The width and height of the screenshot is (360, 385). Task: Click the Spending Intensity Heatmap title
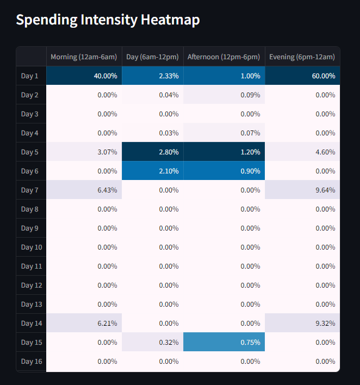coord(108,20)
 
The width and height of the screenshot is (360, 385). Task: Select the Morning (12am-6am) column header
coord(84,57)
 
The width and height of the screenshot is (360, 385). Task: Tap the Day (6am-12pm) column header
coord(152,57)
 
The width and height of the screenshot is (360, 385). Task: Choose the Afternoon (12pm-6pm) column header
coord(224,57)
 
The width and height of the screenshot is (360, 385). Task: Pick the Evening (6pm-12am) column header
coord(302,57)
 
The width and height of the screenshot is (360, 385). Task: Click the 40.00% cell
coord(84,76)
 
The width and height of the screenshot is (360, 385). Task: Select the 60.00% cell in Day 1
coord(302,76)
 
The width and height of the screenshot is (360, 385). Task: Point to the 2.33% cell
coord(153,76)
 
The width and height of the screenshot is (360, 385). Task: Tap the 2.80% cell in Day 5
coord(153,152)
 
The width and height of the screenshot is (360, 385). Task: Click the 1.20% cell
coord(224,152)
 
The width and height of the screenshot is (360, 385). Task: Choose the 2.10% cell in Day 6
coord(153,171)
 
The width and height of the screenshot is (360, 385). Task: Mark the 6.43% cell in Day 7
coord(84,190)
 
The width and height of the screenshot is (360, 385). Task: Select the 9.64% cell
coord(302,190)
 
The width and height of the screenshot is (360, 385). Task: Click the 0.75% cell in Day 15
coord(224,342)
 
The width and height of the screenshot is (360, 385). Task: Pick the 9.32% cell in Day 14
coord(302,323)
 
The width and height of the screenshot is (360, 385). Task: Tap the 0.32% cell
coord(153,342)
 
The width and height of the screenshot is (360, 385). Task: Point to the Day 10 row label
coord(31,247)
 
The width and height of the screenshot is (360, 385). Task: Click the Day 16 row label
coord(31,361)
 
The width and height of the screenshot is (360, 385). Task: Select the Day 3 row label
coord(30,114)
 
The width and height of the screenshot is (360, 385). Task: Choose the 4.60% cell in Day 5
coord(302,152)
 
